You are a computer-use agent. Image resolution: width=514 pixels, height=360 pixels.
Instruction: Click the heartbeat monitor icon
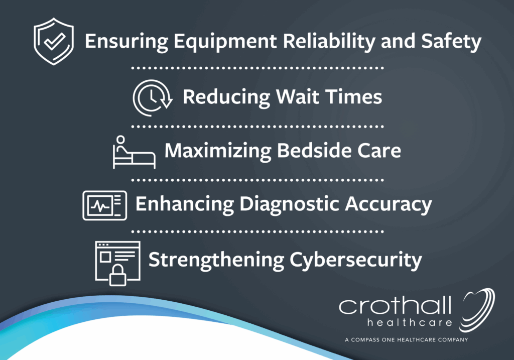104,205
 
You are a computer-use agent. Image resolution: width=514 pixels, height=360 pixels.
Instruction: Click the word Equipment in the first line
225,42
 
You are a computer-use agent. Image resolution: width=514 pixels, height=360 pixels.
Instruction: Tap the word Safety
451,42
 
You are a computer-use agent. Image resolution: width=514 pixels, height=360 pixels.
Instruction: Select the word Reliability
328,42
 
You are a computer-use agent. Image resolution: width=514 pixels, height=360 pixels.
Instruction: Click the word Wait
297,97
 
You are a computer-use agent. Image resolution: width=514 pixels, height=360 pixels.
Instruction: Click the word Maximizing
218,151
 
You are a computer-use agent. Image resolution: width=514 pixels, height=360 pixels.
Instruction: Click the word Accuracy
389,204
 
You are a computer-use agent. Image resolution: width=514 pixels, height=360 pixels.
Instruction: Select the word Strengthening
216,260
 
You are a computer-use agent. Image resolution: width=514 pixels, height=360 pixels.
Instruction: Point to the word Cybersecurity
356,260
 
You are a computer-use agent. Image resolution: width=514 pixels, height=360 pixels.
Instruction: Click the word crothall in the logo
395,305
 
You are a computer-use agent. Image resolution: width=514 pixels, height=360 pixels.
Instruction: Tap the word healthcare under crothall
410,323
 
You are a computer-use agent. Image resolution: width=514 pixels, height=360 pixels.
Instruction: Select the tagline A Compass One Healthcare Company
407,340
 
